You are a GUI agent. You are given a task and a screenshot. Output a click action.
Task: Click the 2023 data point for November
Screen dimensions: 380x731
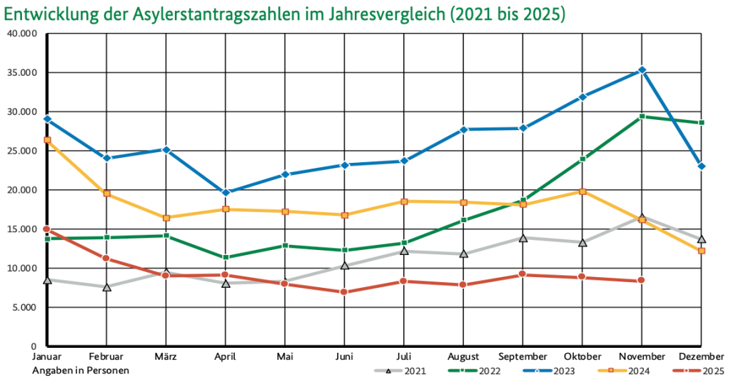click(x=642, y=70)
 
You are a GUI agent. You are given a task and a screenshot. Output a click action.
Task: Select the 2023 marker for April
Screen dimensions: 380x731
click(x=226, y=192)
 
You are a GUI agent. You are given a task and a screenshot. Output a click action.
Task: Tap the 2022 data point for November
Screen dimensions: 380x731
click(x=642, y=116)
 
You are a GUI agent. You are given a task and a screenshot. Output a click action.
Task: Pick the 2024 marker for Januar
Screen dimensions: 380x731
click(x=47, y=140)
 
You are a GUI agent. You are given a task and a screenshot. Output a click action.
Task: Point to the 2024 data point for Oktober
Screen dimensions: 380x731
click(x=583, y=191)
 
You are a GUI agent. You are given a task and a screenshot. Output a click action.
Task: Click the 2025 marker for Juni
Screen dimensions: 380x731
click(x=344, y=291)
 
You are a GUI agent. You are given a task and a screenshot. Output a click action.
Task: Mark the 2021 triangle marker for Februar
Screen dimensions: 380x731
click(x=106, y=287)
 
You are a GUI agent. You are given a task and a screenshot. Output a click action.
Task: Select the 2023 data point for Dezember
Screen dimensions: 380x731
click(x=702, y=166)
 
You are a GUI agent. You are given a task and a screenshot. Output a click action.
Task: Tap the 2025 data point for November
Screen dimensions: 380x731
click(x=641, y=280)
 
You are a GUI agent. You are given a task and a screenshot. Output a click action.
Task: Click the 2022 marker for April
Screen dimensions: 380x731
click(x=226, y=257)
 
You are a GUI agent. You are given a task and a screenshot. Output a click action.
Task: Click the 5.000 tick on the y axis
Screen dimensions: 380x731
click(x=24, y=307)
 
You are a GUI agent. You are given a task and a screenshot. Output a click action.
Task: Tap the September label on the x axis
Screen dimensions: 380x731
click(x=523, y=356)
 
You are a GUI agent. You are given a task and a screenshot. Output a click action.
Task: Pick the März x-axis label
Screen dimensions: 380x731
click(x=166, y=356)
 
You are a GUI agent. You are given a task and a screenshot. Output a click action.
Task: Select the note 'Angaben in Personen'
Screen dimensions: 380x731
click(x=81, y=371)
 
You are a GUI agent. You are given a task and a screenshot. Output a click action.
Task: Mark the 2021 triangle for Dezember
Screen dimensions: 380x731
click(x=702, y=239)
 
